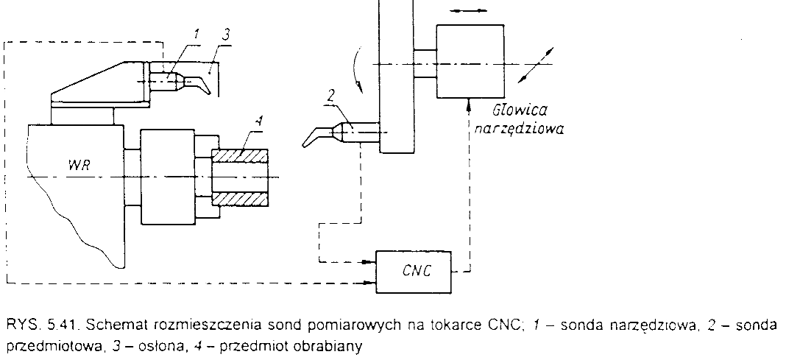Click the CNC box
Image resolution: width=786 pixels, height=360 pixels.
pos(414,270)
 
